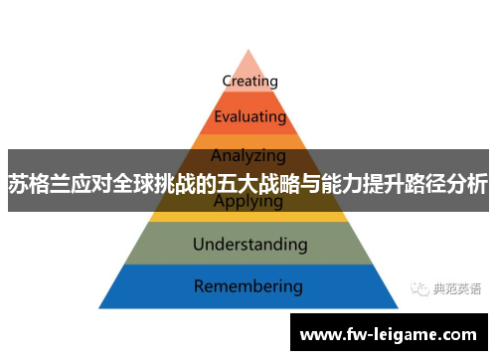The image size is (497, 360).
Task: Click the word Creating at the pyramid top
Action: coord(249,81)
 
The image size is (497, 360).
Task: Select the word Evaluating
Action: coord(249,116)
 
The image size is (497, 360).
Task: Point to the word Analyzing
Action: coord(248,155)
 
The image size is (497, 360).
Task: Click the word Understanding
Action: coord(248,243)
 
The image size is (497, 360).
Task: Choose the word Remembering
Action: coord(248,286)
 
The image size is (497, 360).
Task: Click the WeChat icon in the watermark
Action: coord(417,287)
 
